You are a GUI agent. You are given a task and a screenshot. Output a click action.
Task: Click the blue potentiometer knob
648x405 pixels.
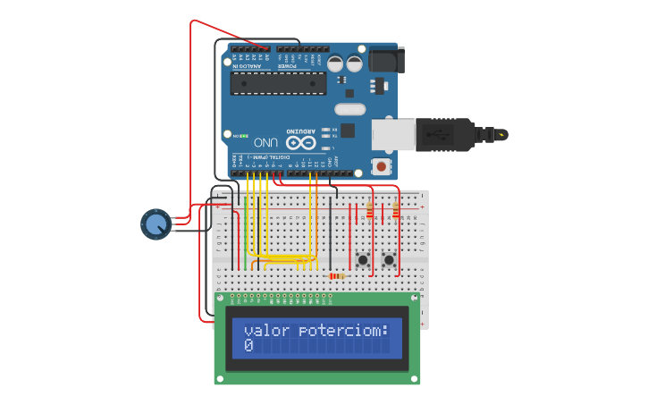tap(156, 224)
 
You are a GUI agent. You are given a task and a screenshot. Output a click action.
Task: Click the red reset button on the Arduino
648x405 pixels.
tap(383, 166)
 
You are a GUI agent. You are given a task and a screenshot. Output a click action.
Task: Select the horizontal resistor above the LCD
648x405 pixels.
tap(337, 276)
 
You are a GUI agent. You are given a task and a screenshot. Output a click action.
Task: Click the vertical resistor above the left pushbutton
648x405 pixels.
tap(369, 210)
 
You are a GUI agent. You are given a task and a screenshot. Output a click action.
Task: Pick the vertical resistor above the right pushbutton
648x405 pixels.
tap(396, 210)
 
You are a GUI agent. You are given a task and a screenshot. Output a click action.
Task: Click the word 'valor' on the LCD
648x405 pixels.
tap(266, 331)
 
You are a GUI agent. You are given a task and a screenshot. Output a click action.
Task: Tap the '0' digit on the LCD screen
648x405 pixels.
tap(248, 346)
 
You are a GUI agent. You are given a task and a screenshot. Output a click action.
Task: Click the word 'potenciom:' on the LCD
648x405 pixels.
tap(343, 331)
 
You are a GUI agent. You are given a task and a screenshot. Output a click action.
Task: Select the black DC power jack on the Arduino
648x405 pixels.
tap(386, 59)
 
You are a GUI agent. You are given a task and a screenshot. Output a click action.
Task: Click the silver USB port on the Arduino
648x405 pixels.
tap(391, 134)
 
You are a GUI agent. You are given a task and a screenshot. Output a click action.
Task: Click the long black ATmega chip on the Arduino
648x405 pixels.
tap(278, 82)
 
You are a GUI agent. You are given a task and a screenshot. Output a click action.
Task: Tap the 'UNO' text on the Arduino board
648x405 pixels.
tap(265, 142)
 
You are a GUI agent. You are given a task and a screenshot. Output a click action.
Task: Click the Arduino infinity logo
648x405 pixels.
tap(300, 142)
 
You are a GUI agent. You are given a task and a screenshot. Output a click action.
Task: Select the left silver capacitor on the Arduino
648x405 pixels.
tap(335, 63)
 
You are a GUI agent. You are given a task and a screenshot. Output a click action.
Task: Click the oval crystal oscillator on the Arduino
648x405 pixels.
tap(350, 109)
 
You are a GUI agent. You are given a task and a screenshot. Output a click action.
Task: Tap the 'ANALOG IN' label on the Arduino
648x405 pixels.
tap(248, 66)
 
